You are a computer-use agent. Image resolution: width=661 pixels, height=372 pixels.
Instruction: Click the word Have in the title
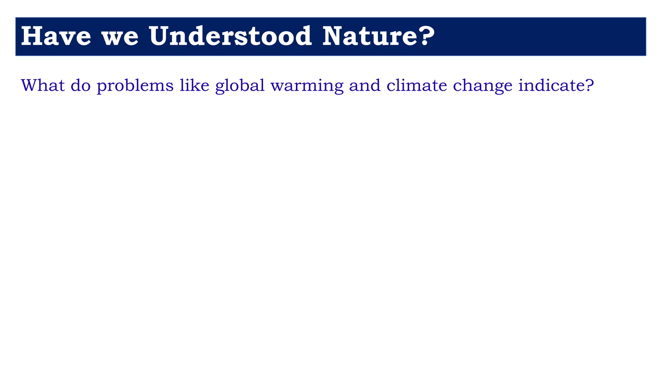pyautogui.click(x=56, y=36)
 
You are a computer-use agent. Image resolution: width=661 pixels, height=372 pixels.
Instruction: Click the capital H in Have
pyautogui.click(x=32, y=36)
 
